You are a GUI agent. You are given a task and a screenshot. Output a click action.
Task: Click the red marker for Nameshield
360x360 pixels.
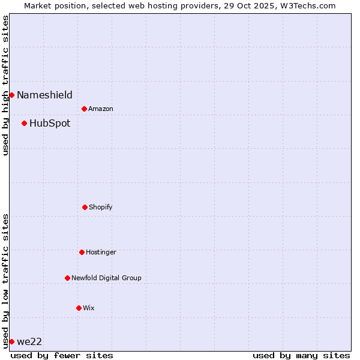[x=11, y=95]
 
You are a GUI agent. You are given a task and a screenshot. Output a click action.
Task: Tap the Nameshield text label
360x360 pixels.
[x=44, y=95]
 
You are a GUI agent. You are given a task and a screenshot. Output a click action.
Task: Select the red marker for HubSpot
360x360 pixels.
[x=24, y=123]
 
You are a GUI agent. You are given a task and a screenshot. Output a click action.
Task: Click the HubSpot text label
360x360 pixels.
[x=50, y=124]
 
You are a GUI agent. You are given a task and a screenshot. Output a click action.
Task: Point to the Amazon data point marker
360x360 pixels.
[x=84, y=109]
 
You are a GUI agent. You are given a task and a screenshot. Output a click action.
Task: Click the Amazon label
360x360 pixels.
[x=101, y=109]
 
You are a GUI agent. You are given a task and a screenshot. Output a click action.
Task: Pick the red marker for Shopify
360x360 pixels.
[x=85, y=207]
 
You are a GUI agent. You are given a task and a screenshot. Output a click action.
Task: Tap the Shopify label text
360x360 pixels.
[x=101, y=207]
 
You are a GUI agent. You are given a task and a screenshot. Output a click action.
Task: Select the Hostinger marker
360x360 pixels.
[x=82, y=252]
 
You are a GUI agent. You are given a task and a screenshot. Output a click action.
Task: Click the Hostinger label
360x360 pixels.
[x=101, y=252]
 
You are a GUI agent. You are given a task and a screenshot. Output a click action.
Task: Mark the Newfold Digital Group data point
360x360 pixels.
[x=67, y=278]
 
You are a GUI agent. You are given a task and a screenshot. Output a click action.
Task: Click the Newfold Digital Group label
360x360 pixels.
[x=106, y=278]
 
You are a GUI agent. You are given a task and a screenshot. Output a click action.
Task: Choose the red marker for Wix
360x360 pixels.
[x=79, y=308]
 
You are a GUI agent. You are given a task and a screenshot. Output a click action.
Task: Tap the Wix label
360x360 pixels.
[x=89, y=308]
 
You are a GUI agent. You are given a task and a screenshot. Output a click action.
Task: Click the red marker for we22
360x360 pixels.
[x=11, y=341]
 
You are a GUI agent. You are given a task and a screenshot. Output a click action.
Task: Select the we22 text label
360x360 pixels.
[x=29, y=342]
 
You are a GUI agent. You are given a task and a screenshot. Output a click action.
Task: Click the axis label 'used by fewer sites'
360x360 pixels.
[x=62, y=355]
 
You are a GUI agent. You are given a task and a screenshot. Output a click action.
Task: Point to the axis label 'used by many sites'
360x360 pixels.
[x=301, y=355]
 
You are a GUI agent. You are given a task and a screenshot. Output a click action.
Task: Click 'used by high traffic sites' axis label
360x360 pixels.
[x=5, y=85]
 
